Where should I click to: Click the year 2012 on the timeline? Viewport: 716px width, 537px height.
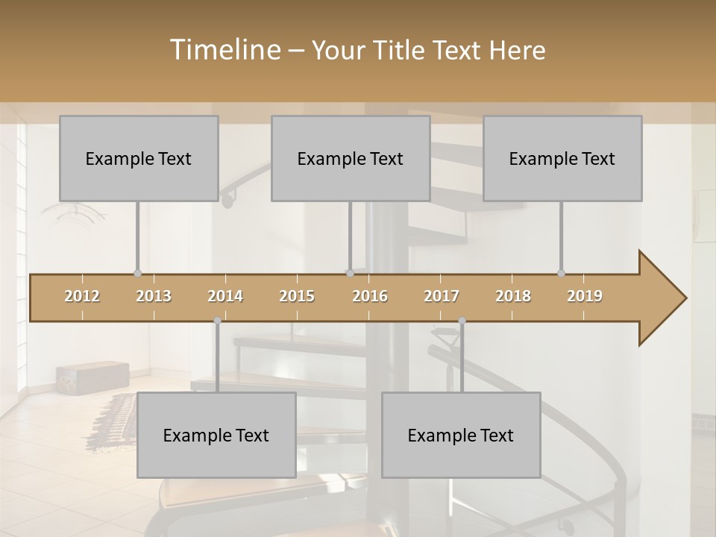tap(82, 296)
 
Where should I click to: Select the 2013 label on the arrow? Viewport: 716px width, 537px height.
tap(154, 296)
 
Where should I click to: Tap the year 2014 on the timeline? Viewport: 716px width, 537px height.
tap(225, 296)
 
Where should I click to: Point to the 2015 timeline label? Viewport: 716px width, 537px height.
tap(297, 296)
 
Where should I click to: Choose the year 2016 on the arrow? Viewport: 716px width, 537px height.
tap(370, 296)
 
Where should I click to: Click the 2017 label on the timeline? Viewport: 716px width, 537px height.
tap(442, 296)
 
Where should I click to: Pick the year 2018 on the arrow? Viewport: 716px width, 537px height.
tap(513, 296)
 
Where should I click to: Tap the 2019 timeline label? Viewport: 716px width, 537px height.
tap(585, 296)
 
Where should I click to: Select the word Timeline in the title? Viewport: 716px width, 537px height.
tap(224, 50)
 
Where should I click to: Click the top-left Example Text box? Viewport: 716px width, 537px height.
tap(139, 158)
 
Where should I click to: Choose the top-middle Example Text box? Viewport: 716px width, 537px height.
tap(351, 158)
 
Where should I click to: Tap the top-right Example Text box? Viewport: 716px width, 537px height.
tap(562, 158)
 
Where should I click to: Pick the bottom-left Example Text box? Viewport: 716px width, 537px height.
tap(216, 435)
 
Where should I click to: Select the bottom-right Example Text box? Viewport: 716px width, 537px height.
tap(461, 435)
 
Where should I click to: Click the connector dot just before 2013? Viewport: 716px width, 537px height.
tap(137, 273)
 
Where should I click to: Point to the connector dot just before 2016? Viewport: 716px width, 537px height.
tap(350, 273)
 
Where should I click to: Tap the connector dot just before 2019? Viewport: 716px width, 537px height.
tap(561, 273)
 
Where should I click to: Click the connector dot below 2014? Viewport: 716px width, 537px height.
tap(217, 321)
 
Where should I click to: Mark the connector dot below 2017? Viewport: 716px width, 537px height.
tap(462, 321)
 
